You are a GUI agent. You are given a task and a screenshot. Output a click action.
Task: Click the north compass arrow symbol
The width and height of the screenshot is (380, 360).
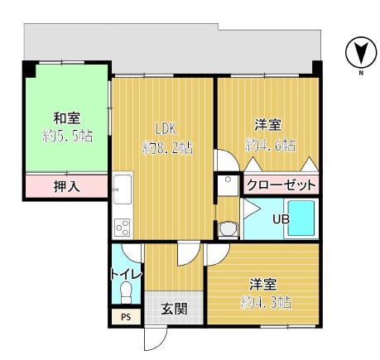click(361, 52)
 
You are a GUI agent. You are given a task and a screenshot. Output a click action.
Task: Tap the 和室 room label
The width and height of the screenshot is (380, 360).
click(66, 118)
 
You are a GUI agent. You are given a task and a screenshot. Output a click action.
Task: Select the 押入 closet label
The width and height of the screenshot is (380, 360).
click(66, 186)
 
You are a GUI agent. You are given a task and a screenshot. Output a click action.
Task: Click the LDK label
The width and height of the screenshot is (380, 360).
click(166, 128)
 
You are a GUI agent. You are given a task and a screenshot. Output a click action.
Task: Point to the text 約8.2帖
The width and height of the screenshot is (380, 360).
click(167, 148)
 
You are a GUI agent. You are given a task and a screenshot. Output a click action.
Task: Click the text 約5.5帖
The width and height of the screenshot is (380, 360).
click(68, 136)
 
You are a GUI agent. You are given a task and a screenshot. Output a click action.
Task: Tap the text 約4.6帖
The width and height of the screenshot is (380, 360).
click(271, 145)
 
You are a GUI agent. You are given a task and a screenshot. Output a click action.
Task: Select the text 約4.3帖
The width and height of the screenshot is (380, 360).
click(266, 302)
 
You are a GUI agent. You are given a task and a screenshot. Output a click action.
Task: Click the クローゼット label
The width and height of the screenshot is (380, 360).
click(281, 185)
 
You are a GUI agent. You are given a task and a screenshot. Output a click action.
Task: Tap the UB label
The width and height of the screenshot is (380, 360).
click(281, 219)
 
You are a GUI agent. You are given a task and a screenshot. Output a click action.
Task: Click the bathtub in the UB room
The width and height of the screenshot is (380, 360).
click(301, 218)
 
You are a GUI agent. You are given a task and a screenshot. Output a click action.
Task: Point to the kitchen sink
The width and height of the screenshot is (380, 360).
click(123, 190)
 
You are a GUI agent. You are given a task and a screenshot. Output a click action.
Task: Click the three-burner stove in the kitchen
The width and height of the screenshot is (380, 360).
click(123, 228)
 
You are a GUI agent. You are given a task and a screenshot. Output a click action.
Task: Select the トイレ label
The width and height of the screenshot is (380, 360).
click(126, 275)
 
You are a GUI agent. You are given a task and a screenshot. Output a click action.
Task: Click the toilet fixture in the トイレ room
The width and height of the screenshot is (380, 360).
click(126, 292)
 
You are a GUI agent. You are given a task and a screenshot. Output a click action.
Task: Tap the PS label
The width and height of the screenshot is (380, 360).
click(126, 317)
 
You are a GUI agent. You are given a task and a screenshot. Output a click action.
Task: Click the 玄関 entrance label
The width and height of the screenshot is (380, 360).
click(174, 309)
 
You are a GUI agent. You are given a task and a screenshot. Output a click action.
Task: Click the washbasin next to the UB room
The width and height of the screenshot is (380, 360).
click(228, 185)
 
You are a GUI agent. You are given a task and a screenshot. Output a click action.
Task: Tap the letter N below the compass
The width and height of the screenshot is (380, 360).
click(361, 73)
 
